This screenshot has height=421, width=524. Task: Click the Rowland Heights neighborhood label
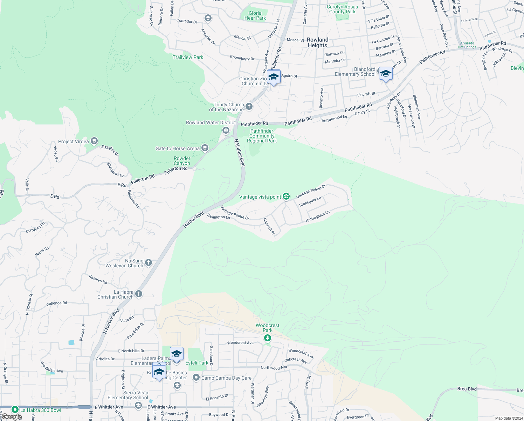click(x=318, y=42)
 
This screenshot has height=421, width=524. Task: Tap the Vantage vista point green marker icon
click(x=286, y=196)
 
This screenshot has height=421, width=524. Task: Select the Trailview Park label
click(x=188, y=57)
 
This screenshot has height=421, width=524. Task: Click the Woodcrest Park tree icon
click(x=268, y=338)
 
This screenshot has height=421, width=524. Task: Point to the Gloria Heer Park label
click(x=255, y=15)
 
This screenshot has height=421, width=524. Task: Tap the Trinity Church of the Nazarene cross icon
click(x=249, y=107)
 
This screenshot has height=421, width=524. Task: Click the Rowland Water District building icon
click(x=226, y=131)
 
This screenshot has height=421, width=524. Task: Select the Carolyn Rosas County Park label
click(x=342, y=9)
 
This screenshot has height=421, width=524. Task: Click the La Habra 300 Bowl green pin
click(x=15, y=409)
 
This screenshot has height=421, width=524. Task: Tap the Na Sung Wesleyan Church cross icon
click(x=149, y=263)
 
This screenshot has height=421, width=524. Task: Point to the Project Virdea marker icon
click(x=94, y=141)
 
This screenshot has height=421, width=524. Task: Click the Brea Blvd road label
click(x=467, y=389)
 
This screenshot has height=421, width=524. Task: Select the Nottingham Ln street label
click(x=317, y=216)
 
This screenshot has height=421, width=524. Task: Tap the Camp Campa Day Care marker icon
click(x=196, y=377)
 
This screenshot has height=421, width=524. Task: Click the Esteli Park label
click(x=197, y=363)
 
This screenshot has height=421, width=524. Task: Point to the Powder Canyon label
click(x=182, y=161)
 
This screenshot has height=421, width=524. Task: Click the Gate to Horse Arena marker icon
click(x=205, y=148)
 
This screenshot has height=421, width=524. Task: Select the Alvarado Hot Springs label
click(x=467, y=45)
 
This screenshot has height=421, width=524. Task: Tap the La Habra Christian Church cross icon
click(x=139, y=294)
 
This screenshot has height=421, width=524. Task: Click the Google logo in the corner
click(x=12, y=417)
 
